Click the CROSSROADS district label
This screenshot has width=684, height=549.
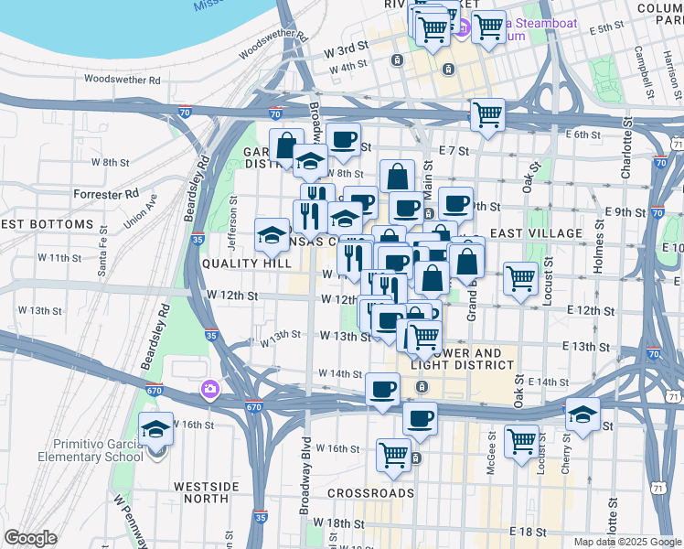(x=370, y=493)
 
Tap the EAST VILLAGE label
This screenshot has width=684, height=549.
(x=536, y=234)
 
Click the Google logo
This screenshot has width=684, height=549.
(x=30, y=538)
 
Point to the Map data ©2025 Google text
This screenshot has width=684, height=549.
(x=625, y=542)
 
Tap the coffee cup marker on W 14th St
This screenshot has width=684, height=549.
(x=382, y=389)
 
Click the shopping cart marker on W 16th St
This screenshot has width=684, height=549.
(x=393, y=454)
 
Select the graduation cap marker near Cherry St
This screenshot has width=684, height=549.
(x=582, y=414)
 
